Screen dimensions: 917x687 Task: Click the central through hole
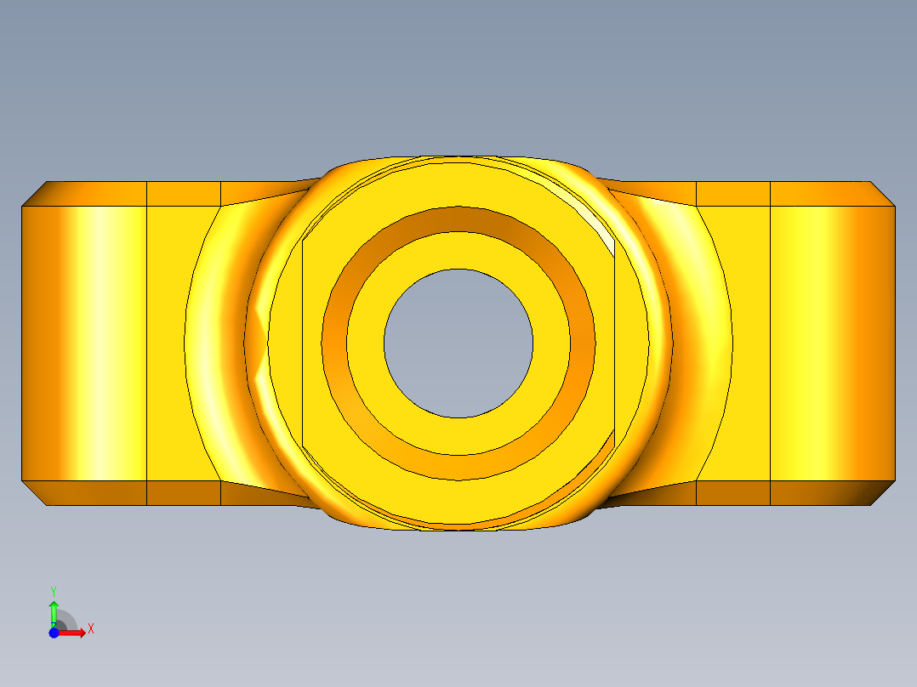[x=458, y=343]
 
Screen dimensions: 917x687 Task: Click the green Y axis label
[x=54, y=591]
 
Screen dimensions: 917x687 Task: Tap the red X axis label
[x=91, y=629]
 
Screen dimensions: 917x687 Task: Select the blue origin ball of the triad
[x=54, y=633]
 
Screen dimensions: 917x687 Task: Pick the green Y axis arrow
[x=54, y=614]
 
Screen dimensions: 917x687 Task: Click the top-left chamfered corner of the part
[x=34, y=194]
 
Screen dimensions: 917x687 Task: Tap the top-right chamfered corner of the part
[x=882, y=194]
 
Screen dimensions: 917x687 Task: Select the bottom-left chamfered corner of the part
[x=34, y=493]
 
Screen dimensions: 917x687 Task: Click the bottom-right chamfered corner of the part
[x=882, y=493]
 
